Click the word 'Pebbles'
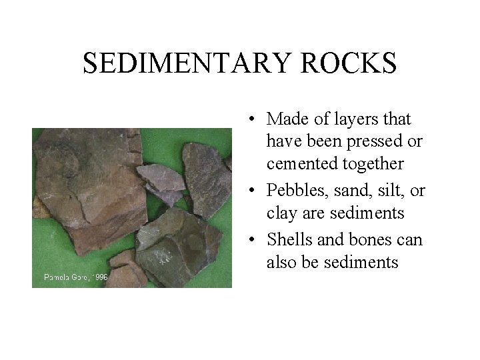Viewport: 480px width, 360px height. tap(295, 191)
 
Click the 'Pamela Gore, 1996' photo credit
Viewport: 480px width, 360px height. tap(75, 277)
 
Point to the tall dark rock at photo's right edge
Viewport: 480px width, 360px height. tap(207, 173)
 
